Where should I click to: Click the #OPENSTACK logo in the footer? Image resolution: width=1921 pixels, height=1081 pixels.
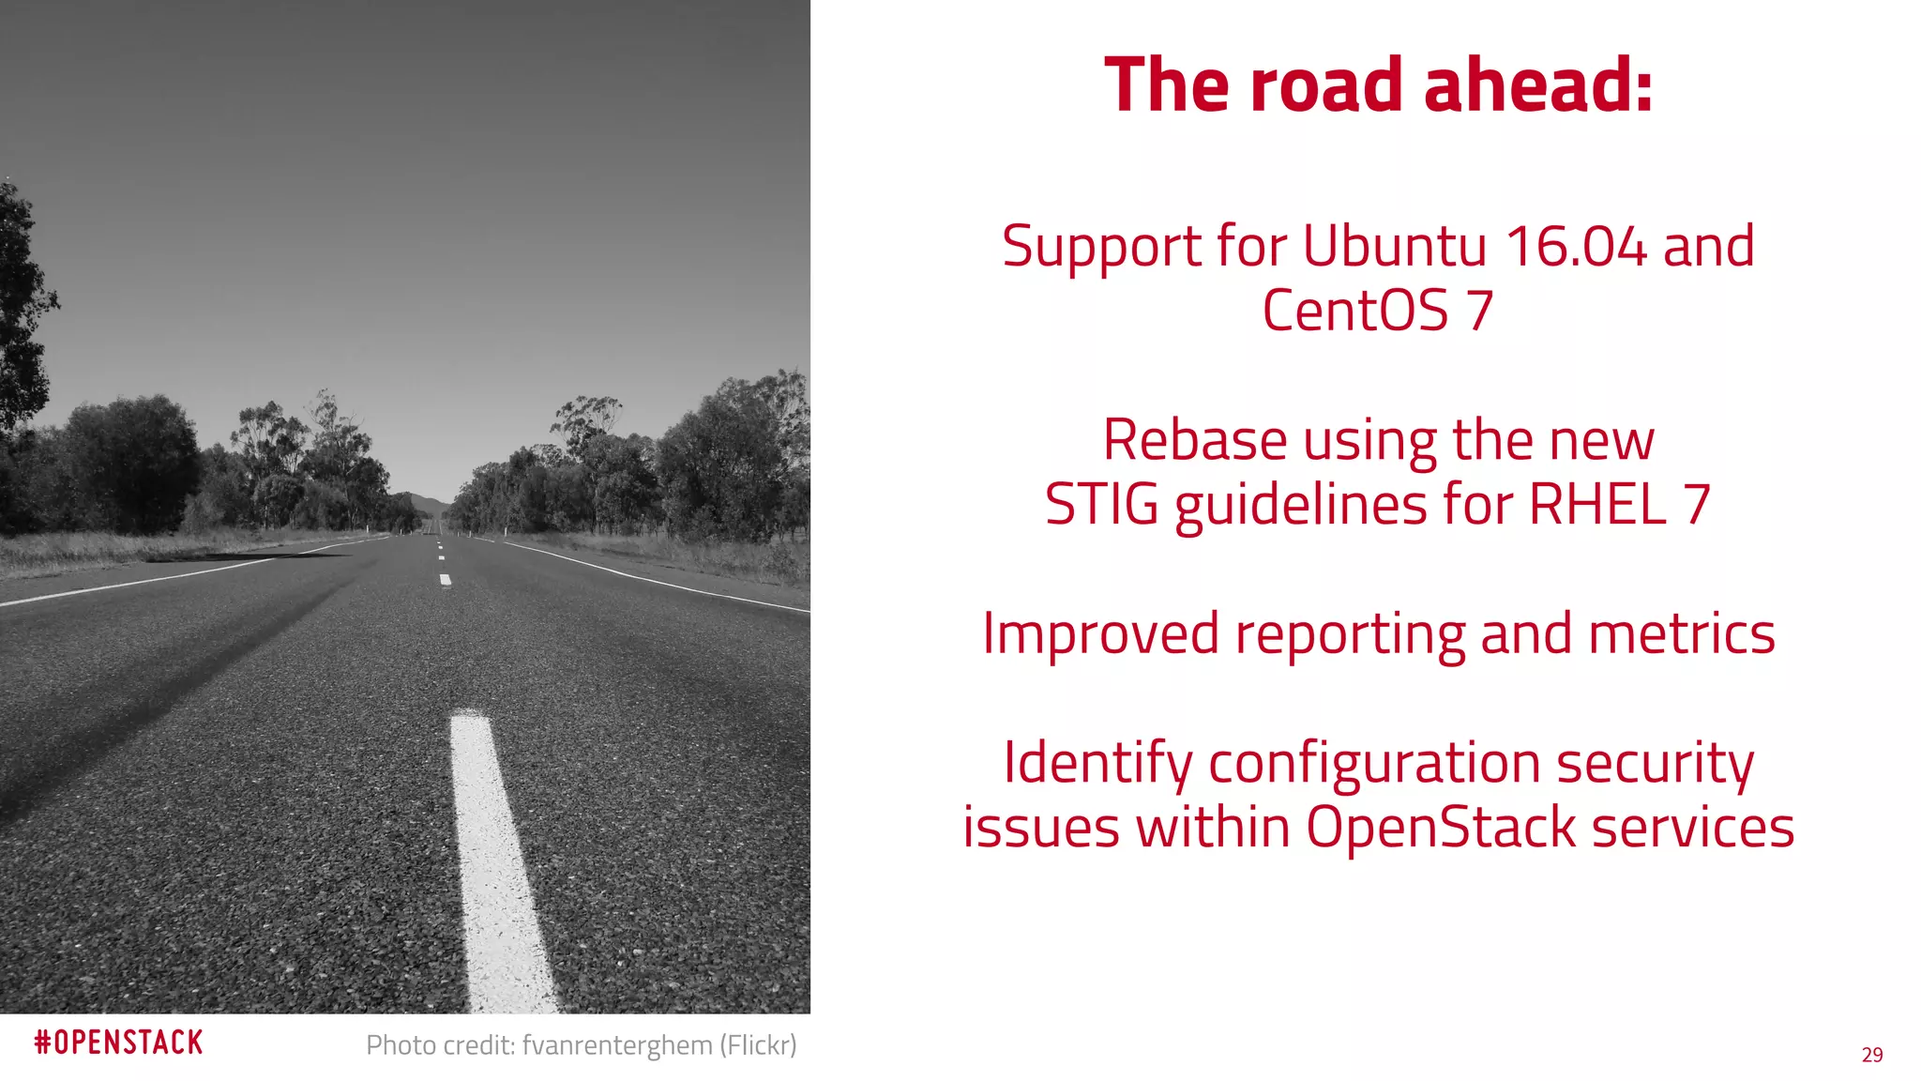pos(118,1043)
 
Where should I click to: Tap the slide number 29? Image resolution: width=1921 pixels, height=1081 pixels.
pos(1872,1055)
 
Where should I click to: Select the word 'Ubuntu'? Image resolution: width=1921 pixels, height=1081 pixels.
pos(1394,246)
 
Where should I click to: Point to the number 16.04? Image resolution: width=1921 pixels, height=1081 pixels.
pos(1576,246)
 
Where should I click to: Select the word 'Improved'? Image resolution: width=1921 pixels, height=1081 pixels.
pos(1100,633)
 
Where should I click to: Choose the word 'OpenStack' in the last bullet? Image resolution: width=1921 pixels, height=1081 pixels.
pos(1441,828)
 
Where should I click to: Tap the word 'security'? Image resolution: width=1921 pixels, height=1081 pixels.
pos(1655,763)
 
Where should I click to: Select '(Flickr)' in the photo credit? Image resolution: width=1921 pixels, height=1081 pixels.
pos(758,1044)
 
